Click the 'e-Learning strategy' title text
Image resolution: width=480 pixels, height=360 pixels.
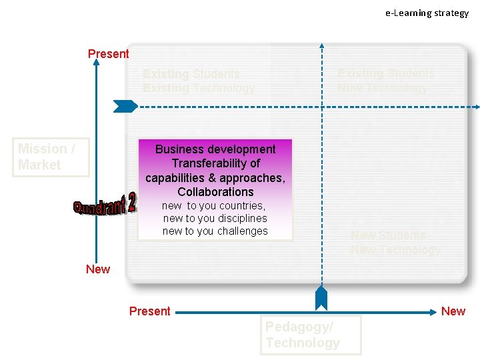point(427,13)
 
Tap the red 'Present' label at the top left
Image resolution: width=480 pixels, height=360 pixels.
point(108,54)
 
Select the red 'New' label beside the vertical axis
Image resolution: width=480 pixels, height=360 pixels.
point(98,269)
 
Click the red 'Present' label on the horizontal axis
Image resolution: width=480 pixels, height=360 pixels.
point(149,311)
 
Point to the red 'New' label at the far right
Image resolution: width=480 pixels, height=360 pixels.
point(453,311)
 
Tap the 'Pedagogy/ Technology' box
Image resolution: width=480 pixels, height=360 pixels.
point(310,335)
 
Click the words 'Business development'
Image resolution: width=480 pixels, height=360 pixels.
point(215,149)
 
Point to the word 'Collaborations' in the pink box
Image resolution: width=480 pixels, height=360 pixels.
point(215,192)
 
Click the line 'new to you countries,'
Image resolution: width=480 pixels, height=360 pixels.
point(214,206)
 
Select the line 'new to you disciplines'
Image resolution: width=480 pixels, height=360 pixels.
point(215,219)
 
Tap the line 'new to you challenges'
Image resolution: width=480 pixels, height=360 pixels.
point(215,231)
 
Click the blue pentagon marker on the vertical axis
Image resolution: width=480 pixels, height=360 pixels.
point(125,105)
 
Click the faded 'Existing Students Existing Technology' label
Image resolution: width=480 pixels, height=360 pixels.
point(198,81)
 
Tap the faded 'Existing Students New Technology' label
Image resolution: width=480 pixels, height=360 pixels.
point(385,81)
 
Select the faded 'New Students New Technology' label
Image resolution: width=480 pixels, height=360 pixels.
point(395,243)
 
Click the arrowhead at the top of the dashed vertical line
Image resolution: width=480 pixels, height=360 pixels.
point(321,46)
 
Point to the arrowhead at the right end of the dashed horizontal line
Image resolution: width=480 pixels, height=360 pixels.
point(476,106)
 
